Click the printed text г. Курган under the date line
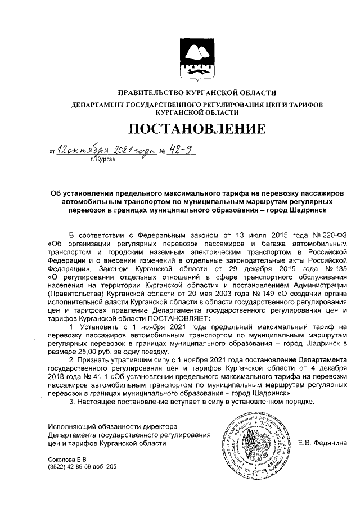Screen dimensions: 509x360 click(102, 160)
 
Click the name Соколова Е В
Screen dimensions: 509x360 click(64, 458)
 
